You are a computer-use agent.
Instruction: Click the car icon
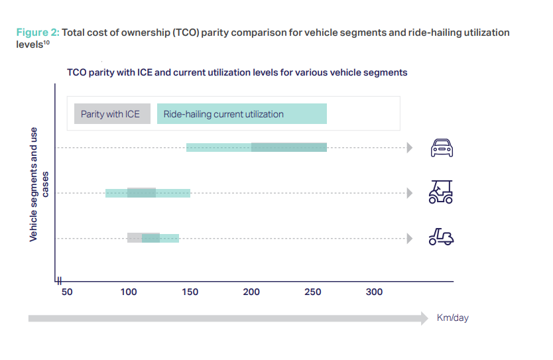coord(442,148)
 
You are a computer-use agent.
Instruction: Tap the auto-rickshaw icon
coord(441,192)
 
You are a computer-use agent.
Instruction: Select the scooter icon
coord(441,237)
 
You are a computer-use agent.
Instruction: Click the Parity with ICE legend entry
coord(110,114)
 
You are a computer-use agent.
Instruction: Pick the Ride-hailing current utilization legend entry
coord(241,114)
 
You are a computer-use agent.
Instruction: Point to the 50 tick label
coord(66,292)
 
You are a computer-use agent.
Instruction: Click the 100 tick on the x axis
coord(128,292)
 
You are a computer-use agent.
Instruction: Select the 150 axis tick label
coord(190,292)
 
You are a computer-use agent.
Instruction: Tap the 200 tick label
coord(251,292)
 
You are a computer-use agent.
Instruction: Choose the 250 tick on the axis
coord(312,292)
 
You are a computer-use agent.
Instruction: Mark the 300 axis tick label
coord(374,292)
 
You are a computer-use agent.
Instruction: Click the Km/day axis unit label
coord(452,318)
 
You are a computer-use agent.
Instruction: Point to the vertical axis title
coord(38,184)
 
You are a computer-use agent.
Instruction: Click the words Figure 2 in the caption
coord(36,32)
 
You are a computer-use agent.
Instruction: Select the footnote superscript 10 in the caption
coord(47,42)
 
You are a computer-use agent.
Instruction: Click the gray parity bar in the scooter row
coord(135,237)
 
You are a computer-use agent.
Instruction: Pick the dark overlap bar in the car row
coord(288,147)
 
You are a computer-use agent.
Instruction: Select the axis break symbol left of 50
coord(58,280)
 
